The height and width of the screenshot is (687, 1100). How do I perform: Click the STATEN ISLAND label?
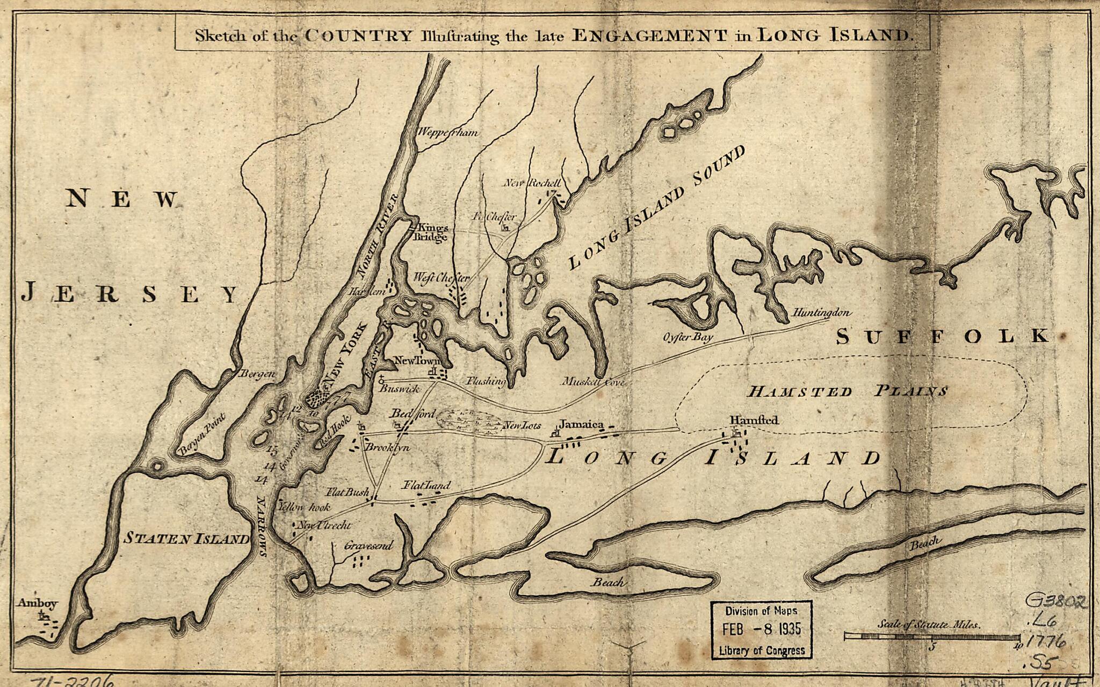pos(187,538)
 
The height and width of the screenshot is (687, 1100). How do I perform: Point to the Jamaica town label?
pos(583,425)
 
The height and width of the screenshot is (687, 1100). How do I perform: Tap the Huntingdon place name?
pos(822,312)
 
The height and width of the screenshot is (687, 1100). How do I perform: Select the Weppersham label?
pos(447,132)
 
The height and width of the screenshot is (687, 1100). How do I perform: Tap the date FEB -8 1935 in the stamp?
pos(761,629)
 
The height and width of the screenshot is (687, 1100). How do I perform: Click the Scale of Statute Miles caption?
pos(929,625)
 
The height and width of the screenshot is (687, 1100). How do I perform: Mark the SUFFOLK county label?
pos(943,337)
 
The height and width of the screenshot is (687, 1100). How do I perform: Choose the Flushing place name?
pos(486,381)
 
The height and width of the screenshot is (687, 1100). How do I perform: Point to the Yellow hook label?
pos(304,507)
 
